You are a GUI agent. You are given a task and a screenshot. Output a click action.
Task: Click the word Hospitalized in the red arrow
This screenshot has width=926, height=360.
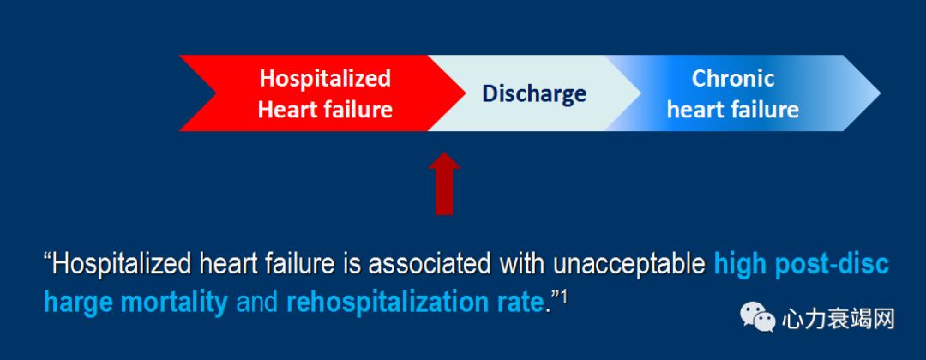pos(325,79)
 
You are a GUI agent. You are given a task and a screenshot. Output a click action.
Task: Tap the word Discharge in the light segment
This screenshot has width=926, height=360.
pos(534,93)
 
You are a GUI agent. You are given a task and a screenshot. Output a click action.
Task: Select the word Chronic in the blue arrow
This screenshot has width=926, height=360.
pos(733,79)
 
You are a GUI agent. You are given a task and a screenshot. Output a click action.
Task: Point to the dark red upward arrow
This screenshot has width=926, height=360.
pos(444,184)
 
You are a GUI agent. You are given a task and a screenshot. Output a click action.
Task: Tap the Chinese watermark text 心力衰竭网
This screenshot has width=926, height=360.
pos(838,319)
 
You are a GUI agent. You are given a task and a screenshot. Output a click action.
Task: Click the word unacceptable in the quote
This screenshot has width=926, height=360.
pos(629,265)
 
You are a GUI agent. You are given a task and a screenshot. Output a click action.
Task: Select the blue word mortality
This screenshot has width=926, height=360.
pos(173,303)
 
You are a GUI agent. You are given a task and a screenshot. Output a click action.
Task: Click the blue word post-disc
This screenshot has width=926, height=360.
pos(832,265)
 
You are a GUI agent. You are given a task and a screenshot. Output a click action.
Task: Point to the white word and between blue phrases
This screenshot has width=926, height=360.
pos(257,303)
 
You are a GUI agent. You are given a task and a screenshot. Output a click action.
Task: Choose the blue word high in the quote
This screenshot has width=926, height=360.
pos(741,265)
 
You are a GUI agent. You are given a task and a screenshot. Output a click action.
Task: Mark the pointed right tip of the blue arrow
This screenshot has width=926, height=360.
pos(880,93)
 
